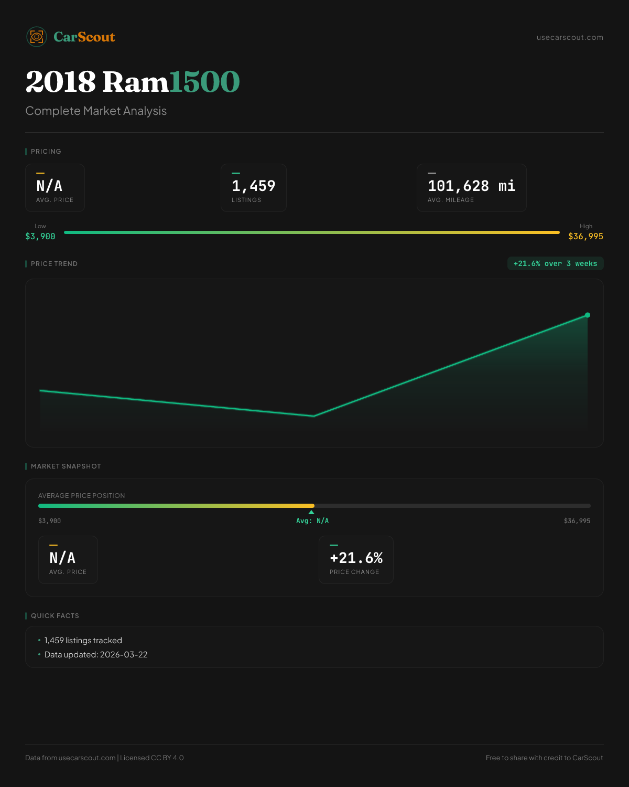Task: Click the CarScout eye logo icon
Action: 37,37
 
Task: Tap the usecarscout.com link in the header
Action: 570,37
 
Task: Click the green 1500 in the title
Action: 204,82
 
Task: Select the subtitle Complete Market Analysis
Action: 96,111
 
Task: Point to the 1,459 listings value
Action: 253,186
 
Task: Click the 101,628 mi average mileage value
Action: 471,186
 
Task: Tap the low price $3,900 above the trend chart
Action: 40,236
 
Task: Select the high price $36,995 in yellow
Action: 585,236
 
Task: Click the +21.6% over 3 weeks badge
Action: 555,263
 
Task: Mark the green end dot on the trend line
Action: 588,315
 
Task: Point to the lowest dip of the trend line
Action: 314,416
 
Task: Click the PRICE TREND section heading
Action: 54,264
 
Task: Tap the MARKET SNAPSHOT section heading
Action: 66,466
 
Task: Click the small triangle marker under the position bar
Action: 311,512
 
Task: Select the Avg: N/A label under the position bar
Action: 312,521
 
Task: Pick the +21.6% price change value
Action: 356,558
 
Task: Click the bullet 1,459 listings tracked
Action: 83,641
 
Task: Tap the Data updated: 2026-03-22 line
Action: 96,655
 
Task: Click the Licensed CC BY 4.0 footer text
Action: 152,758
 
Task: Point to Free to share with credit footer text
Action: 544,758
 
